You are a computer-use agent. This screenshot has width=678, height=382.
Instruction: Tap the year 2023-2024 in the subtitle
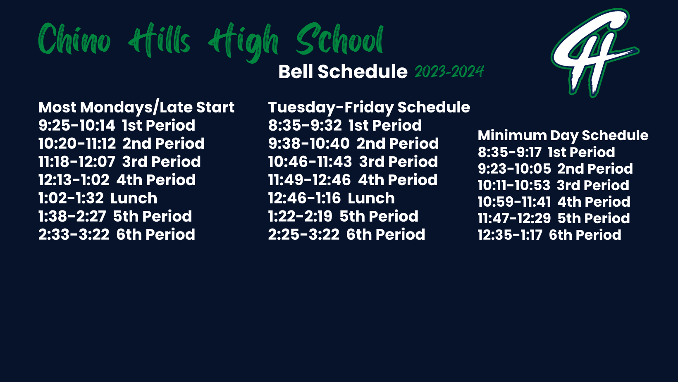click(449, 72)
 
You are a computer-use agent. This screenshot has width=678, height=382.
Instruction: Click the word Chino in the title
click(74, 39)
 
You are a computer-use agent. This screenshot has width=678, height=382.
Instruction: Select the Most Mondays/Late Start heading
click(136, 107)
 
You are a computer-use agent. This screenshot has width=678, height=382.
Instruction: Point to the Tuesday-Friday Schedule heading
click(369, 107)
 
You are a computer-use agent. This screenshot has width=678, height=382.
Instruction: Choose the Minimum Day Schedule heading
click(563, 135)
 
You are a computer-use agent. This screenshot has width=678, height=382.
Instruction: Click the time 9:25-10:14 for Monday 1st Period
click(76, 125)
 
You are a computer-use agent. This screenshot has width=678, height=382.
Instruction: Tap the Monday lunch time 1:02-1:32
click(71, 198)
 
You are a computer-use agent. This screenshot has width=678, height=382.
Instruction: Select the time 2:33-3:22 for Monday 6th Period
click(74, 234)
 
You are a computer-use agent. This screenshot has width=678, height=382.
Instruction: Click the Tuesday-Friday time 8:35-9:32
click(305, 125)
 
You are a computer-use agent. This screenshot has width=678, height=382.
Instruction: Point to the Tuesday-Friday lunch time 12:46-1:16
click(305, 198)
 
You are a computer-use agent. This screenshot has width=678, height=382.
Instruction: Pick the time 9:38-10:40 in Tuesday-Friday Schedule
click(309, 143)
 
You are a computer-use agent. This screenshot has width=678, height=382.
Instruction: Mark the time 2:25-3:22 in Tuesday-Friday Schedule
click(303, 234)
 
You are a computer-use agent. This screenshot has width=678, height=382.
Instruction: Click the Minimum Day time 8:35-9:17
click(510, 152)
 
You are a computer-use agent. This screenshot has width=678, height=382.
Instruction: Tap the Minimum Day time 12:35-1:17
click(510, 235)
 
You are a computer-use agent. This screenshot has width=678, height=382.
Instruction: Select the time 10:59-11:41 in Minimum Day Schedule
click(514, 202)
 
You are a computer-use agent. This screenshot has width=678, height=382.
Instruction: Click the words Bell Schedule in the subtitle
click(343, 72)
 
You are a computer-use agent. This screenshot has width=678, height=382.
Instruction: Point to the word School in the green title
click(340, 39)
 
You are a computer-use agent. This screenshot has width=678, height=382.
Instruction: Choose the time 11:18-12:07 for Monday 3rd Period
click(76, 162)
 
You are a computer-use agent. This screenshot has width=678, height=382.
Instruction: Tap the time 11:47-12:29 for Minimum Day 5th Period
click(514, 218)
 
